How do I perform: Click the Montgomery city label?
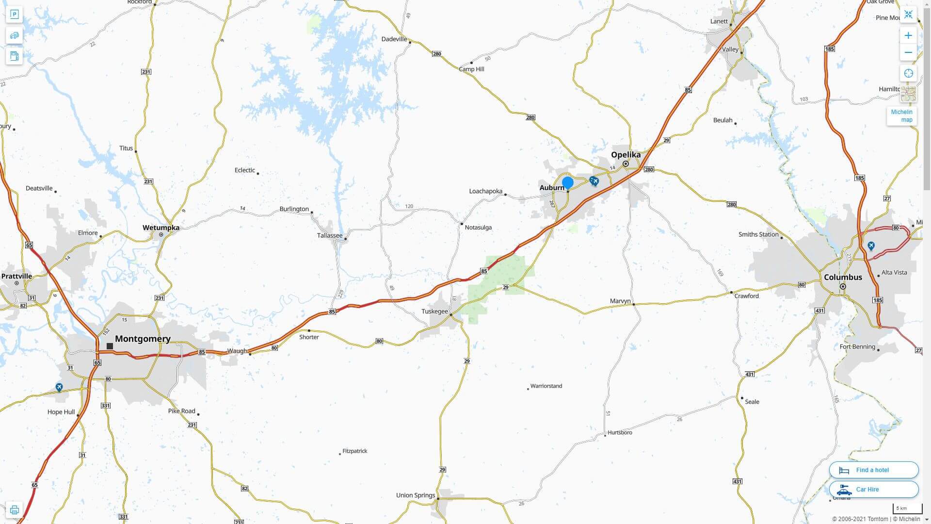[x=143, y=339]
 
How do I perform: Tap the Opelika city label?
[x=626, y=155]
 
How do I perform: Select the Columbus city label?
[x=843, y=278]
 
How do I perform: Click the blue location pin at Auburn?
[x=568, y=183]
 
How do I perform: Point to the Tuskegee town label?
[x=434, y=311]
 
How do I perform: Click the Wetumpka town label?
[x=161, y=228]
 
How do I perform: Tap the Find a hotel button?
[x=873, y=470]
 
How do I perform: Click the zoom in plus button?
[x=908, y=35]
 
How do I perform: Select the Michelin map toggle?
[x=901, y=116]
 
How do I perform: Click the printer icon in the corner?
[x=14, y=510]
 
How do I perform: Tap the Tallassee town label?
[x=330, y=236]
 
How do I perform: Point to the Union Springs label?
[x=416, y=495]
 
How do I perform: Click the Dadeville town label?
[x=394, y=39]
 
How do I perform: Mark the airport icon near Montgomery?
[x=59, y=387]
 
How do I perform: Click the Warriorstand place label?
[x=546, y=386]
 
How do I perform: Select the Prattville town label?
[x=16, y=277]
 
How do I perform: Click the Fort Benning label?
[x=857, y=347]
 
